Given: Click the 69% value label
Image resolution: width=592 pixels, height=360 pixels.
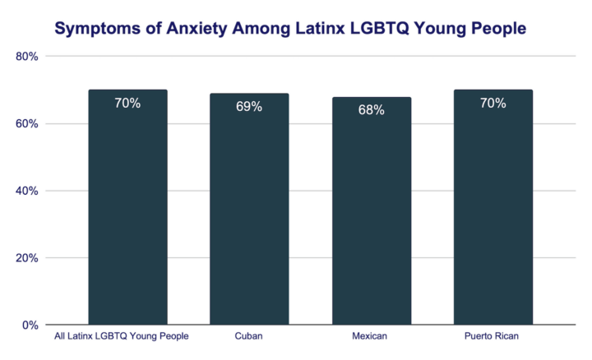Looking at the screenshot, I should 249,107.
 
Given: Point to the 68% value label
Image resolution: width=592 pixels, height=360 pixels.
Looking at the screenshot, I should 371,110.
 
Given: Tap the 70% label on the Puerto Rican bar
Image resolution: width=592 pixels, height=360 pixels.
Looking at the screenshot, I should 493,104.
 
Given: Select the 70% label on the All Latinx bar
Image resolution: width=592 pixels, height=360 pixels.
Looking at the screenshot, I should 127,104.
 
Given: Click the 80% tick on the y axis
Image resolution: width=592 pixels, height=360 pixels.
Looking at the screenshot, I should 28,57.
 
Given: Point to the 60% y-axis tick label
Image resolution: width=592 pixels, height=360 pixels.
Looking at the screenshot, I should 28,124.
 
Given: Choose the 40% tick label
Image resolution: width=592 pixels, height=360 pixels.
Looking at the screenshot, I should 28,191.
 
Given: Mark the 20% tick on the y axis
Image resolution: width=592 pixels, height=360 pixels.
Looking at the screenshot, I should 28,258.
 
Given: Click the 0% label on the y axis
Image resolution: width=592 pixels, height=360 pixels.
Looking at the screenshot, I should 30,325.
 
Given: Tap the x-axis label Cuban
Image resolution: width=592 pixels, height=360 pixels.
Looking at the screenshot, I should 249,337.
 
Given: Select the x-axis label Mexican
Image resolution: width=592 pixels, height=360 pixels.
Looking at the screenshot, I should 371,337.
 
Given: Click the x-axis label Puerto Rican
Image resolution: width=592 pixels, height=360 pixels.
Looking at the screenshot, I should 493,337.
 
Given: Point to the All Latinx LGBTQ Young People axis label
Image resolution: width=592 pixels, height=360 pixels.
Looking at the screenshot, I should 122,337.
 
